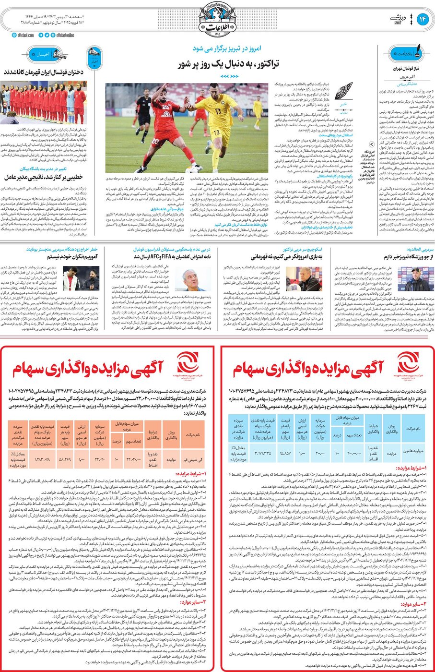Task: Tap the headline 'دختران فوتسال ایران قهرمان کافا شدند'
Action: tap(44, 72)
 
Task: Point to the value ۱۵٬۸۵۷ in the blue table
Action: tap(285, 452)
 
